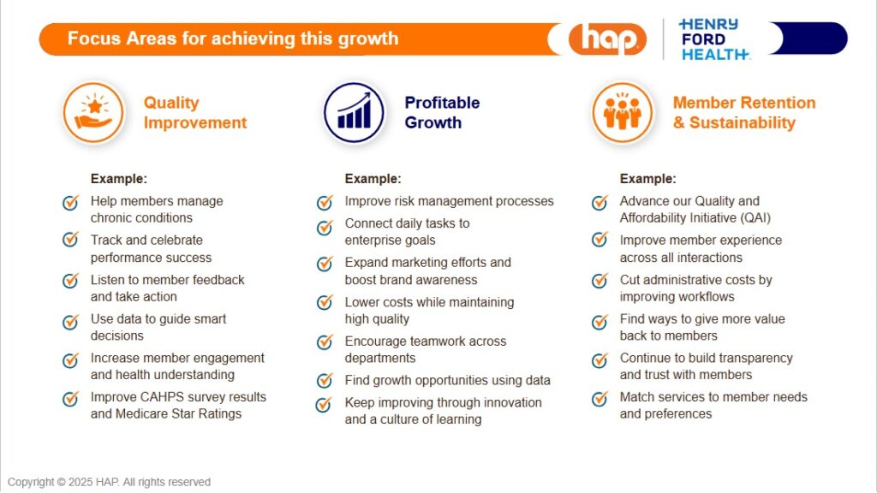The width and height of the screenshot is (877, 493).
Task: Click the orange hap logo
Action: [607, 39]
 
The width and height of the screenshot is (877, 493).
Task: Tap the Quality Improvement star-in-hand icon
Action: [93, 112]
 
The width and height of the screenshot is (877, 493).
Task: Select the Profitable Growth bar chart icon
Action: [354, 112]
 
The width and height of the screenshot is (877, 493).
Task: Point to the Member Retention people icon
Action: [623, 112]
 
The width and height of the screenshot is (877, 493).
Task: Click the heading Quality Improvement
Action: [195, 112]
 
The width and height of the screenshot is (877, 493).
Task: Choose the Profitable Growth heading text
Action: [442, 112]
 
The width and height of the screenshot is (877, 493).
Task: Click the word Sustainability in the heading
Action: [743, 122]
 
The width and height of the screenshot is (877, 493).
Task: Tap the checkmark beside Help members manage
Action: [70, 202]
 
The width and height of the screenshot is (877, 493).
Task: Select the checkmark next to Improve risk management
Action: [325, 202]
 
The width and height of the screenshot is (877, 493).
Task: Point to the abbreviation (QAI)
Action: [755, 218]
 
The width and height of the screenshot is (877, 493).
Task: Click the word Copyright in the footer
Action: [31, 482]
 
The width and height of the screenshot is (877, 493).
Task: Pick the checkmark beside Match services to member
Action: [600, 399]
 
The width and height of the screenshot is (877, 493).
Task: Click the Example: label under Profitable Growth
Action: [373, 179]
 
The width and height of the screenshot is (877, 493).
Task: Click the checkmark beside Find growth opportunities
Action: [325, 381]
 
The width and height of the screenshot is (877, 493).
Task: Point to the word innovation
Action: [512, 402]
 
